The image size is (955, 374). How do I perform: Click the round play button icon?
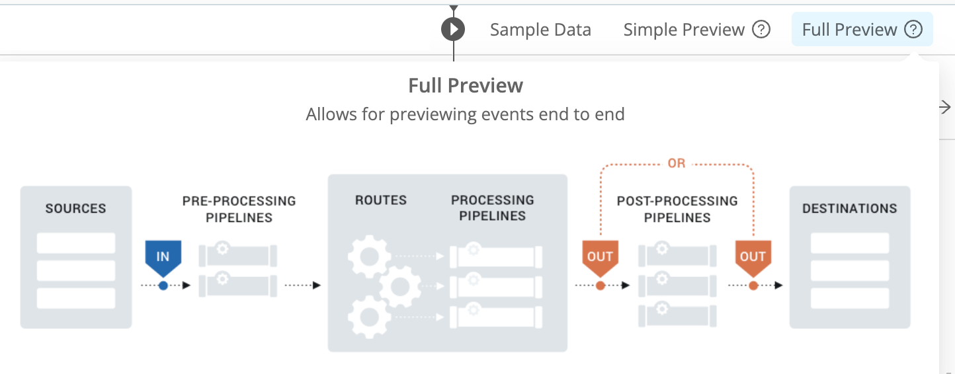453,29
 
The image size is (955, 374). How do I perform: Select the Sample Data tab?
540,30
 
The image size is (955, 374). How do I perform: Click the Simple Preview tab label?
684,30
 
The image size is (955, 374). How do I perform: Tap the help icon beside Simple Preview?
762,30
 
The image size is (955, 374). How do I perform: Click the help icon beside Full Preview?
913,30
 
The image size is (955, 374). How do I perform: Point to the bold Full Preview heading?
466,86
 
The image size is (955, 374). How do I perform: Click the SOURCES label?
75,208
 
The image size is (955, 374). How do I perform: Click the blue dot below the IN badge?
163,285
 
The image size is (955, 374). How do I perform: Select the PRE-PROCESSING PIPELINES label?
239,208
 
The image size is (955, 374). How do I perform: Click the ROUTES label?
380,200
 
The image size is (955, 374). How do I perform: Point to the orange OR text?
677,163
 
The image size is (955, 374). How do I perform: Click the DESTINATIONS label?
849,208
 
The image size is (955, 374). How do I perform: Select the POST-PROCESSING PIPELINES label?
677,208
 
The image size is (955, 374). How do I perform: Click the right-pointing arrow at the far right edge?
945,107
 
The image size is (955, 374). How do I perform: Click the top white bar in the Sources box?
75,243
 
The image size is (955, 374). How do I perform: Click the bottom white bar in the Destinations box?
849,298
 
